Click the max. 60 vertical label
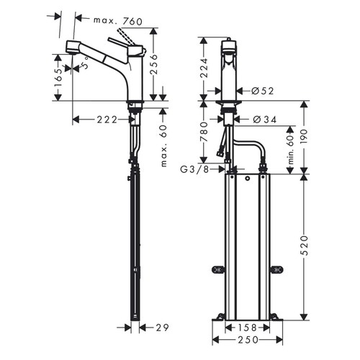coord(165,145)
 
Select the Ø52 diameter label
coord(261,91)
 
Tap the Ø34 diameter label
coord(261,119)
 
